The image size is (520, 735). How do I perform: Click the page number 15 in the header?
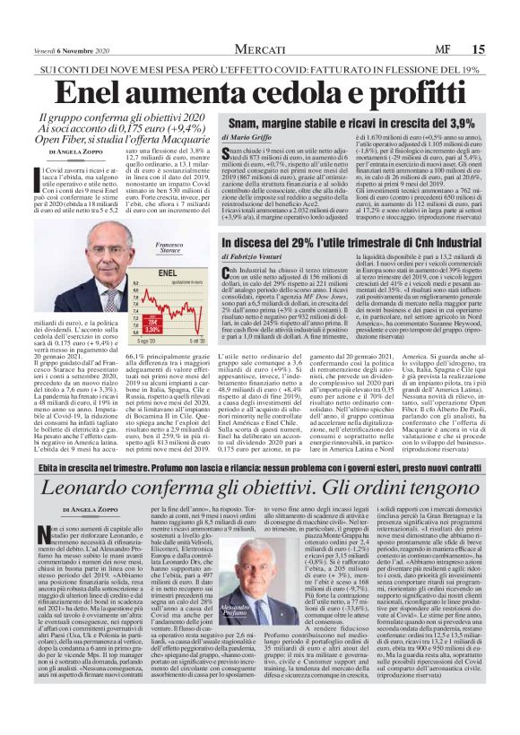click(x=502, y=48)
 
